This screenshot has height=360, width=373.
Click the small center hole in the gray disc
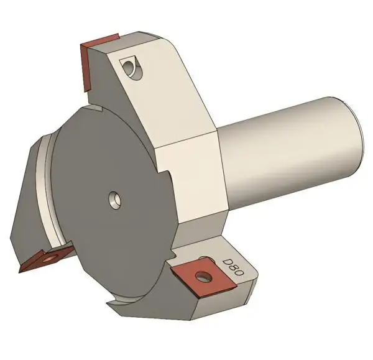point(115,199)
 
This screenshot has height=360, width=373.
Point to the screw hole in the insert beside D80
point(201,275)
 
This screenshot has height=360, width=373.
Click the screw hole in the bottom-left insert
point(48,256)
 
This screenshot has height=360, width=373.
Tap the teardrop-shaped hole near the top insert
point(130,66)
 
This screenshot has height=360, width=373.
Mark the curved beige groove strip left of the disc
point(46,187)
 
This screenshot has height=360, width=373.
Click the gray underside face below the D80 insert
point(218,305)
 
